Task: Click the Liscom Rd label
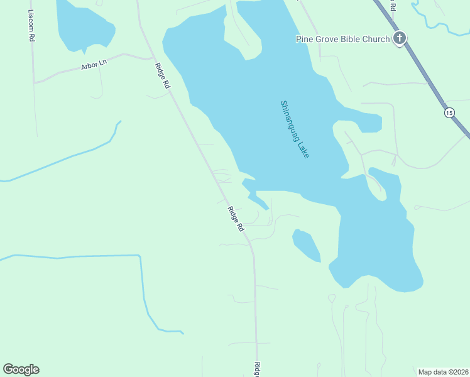point(31,26)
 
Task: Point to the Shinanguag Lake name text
point(295,129)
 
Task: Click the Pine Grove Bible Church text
point(343,40)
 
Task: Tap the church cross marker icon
point(399,39)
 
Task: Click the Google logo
point(21,369)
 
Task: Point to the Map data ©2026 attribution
point(443,371)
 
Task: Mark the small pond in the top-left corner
point(85,25)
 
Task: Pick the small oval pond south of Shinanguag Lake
point(306,245)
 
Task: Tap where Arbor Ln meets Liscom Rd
point(35,82)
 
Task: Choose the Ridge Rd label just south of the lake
point(236,219)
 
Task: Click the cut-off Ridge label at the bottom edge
point(257,370)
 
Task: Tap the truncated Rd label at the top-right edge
point(393,6)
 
